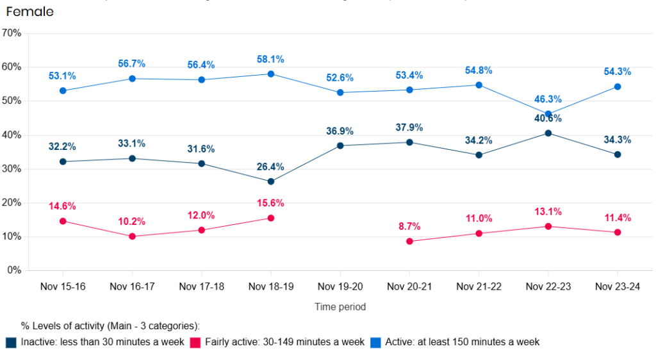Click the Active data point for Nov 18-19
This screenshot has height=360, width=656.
(271, 74)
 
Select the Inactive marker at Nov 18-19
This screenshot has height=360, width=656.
(271, 181)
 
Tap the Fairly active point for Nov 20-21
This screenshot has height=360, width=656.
(409, 241)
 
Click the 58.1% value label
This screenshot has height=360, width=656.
(271, 60)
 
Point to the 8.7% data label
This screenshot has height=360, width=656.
(409, 227)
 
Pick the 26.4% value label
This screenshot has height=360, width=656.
(271, 167)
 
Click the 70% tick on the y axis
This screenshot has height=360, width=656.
(12, 33)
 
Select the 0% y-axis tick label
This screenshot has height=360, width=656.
(14, 270)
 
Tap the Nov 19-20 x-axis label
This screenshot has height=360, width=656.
(340, 287)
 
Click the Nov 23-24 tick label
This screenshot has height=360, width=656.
(617, 287)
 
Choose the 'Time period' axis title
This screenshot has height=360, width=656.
(340, 307)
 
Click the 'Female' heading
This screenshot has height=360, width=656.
(29, 12)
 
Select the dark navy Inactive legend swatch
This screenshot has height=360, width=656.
(12, 342)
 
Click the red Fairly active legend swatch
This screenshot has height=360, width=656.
(196, 342)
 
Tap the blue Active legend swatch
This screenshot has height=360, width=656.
(376, 342)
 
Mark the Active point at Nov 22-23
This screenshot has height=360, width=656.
(548, 114)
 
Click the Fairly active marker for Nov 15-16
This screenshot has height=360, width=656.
(63, 221)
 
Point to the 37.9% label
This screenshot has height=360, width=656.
(409, 127)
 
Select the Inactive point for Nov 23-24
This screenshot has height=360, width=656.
(618, 154)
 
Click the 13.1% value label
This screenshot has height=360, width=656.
(548, 212)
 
